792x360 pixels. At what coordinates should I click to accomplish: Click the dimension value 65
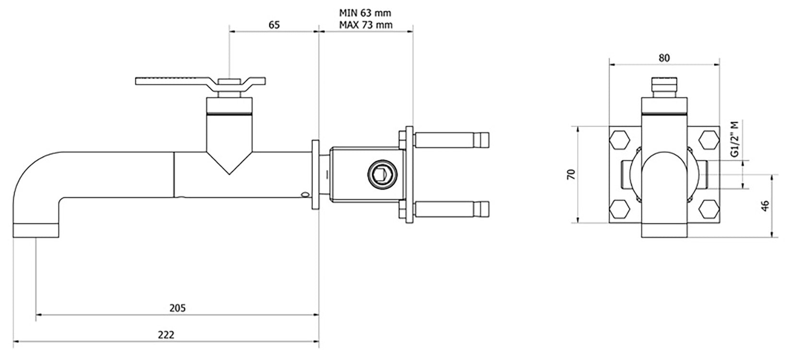coord(274,25)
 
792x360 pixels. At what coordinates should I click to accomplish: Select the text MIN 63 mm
coord(365,13)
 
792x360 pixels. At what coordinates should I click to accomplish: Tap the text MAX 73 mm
coord(366,25)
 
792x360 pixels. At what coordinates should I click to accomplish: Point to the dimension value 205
coord(177,308)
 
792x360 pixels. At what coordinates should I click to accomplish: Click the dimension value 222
coord(166,335)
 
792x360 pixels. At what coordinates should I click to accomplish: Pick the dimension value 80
coord(664,58)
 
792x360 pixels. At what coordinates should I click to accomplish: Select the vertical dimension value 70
coord(571,174)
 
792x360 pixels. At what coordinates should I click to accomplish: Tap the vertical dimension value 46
coord(765,206)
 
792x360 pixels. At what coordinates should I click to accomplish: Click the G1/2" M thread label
coord(735,139)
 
